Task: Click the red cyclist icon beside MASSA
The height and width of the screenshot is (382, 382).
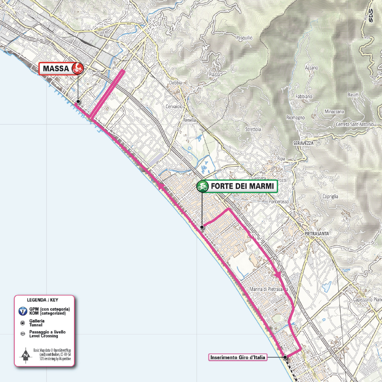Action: (78, 68)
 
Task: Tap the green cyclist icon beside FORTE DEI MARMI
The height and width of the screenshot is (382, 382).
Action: (203, 186)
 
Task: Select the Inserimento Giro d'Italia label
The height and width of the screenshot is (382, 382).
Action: (238, 357)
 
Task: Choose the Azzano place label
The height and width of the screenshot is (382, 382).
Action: (311, 68)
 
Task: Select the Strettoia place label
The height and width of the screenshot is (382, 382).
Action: (253, 129)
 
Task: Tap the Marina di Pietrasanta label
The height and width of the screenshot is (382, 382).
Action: (268, 290)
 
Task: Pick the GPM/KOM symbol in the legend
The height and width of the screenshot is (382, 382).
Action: (22, 312)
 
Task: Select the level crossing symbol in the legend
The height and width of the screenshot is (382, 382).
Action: (22, 334)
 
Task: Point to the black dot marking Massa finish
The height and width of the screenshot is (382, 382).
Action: (78, 102)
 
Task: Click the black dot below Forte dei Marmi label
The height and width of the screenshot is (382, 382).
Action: (202, 227)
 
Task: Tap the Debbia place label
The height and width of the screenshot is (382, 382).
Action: (175, 83)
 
